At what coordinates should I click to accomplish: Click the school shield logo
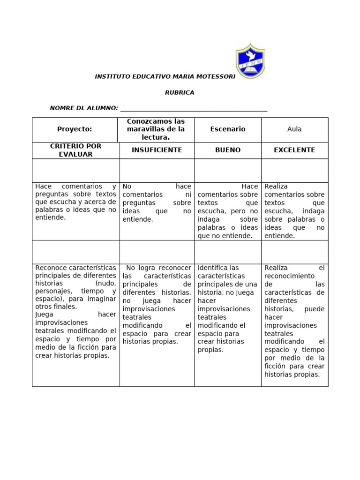(250, 61)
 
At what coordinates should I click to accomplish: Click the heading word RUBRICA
(180, 93)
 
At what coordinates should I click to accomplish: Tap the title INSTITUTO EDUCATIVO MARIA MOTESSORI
(165, 76)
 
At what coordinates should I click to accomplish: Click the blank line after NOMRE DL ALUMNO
(194, 109)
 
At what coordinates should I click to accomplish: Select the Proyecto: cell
(75, 129)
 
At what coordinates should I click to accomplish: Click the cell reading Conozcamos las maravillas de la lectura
(156, 129)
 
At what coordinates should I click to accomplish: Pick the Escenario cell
(228, 129)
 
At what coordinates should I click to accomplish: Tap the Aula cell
(294, 129)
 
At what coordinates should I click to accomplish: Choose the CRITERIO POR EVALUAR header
(75, 150)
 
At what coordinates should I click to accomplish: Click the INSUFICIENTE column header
(156, 150)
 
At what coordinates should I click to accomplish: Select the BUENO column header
(228, 150)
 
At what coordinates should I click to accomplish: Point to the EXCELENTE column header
(294, 150)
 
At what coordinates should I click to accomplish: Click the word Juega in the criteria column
(44, 315)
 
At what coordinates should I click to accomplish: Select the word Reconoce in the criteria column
(50, 268)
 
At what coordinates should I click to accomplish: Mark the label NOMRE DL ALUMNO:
(84, 108)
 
